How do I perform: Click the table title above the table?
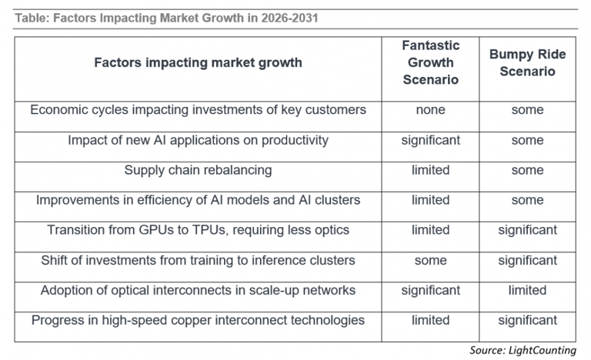pos(166,18)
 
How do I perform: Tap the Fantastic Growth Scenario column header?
pos(430,62)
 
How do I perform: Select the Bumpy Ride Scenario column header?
pos(527,62)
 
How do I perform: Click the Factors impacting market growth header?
pos(198,62)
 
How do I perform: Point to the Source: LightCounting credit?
pos(523,350)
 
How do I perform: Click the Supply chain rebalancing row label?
pos(198,171)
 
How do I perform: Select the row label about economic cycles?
pos(198,110)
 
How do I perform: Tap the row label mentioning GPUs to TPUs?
pos(198,230)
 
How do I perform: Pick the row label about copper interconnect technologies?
pos(198,321)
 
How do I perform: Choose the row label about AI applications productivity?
pos(198,140)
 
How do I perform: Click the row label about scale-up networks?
pos(198,291)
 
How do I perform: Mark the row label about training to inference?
pos(198,261)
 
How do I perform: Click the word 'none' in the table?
pos(430,110)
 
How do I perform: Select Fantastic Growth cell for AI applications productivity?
pos(430,141)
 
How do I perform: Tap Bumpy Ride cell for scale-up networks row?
pos(527,290)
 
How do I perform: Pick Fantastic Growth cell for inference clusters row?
pos(430,261)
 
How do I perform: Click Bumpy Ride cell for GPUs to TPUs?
pos(527,230)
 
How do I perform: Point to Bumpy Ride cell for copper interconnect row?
pos(527,321)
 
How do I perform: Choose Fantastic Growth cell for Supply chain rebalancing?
pos(430,170)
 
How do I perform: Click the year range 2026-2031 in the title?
pos(289,18)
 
